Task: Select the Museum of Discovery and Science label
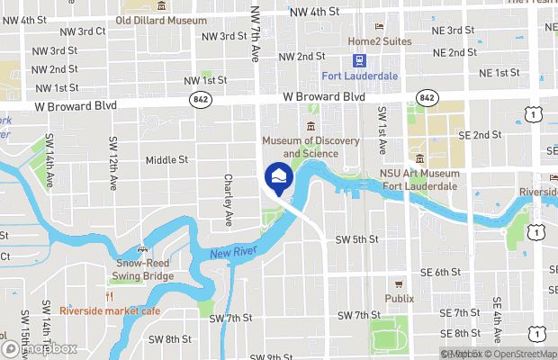(x=310, y=147)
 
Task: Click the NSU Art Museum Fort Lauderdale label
(x=419, y=179)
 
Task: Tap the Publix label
(x=400, y=298)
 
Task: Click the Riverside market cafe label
(x=110, y=310)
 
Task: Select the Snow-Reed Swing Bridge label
(x=143, y=269)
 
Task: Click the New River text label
(x=229, y=256)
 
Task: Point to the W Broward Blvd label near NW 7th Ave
(x=324, y=95)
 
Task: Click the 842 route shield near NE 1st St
(x=427, y=96)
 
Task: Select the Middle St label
(x=166, y=160)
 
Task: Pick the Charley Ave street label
(x=229, y=200)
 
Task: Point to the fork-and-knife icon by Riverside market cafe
(x=110, y=296)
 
